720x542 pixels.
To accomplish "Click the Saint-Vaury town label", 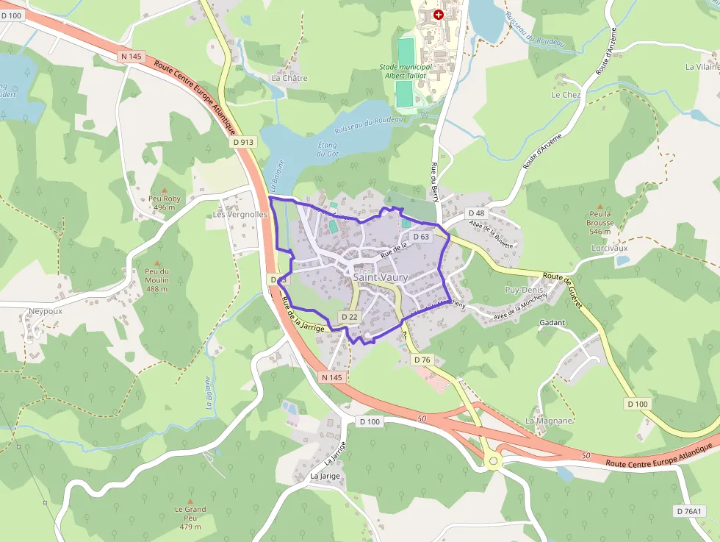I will (380, 277).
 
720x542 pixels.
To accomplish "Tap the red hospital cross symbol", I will (439, 14).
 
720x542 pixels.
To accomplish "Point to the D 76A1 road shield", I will (689, 511).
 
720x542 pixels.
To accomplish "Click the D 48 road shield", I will (476, 213).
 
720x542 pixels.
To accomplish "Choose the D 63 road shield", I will (421, 237).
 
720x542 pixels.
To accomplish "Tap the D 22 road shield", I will (349, 317).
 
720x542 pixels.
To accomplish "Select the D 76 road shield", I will (422, 360).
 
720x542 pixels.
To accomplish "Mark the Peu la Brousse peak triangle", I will (600, 207).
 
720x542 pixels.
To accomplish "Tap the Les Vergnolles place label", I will (240, 215).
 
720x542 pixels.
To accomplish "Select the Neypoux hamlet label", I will (46, 311).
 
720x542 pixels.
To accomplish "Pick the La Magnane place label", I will (548, 421).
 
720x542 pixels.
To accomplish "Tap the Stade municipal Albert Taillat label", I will (406, 71).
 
